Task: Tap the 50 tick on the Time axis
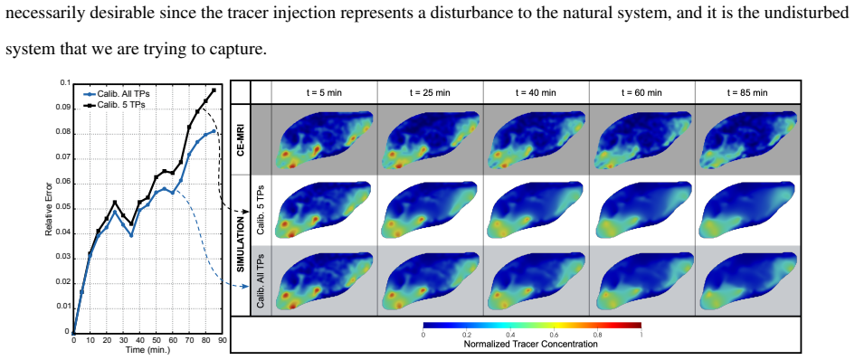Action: tap(156, 340)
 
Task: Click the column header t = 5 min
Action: tap(325, 93)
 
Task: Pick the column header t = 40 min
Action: tap(536, 93)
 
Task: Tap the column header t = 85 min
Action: tap(747, 93)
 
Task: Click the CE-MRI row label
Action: tap(241, 139)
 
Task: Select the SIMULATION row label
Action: tap(241, 245)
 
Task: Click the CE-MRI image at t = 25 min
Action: tap(431, 139)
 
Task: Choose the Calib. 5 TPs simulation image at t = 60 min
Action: tap(641, 210)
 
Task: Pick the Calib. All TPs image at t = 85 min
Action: tap(747, 281)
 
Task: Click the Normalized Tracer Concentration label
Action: tap(530, 345)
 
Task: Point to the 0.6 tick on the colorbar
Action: tap(554, 335)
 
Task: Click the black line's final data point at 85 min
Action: tap(214, 90)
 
